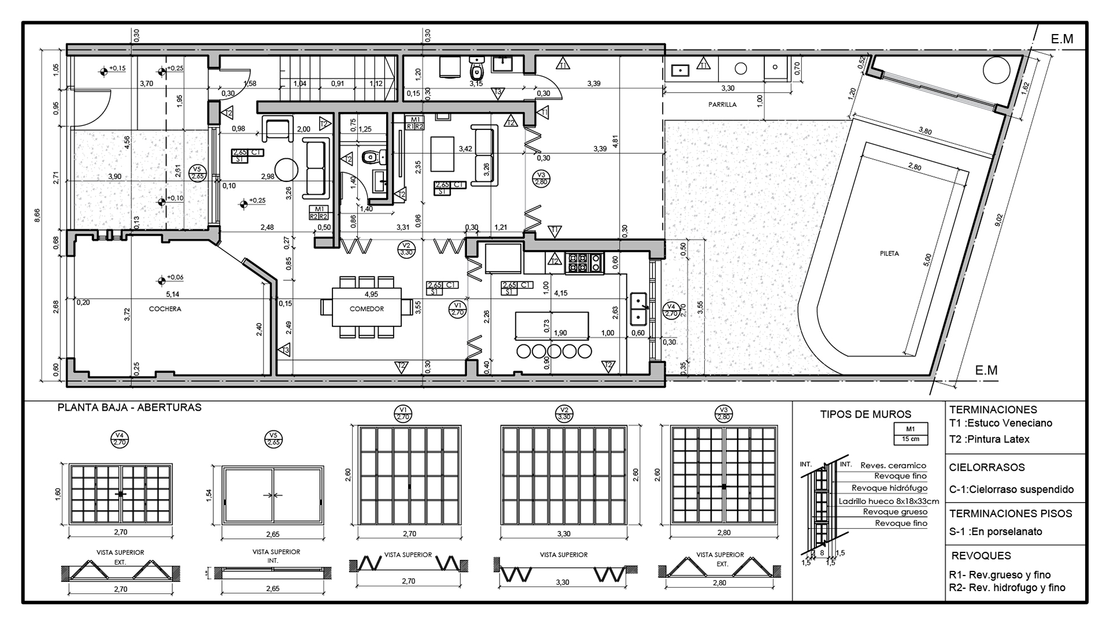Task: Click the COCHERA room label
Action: [x=165, y=309]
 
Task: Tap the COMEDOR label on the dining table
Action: [x=367, y=309]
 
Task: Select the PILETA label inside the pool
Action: [x=889, y=254]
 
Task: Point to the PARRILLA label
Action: [x=723, y=105]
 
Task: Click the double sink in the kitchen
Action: [x=639, y=309]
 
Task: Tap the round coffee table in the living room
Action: [x=286, y=170]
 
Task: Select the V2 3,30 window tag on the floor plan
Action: [x=406, y=248]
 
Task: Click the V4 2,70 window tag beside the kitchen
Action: [x=671, y=310]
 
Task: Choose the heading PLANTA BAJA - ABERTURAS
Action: [x=129, y=407]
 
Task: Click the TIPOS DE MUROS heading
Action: [x=865, y=414]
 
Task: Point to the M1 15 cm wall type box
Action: [x=911, y=433]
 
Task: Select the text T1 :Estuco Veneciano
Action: [x=1000, y=423]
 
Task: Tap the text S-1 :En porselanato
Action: [x=996, y=532]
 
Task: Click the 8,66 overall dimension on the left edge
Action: [x=38, y=215]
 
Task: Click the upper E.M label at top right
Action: [x=1062, y=39]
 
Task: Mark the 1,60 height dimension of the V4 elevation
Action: [x=58, y=495]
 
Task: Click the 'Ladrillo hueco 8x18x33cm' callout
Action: [x=889, y=502]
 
